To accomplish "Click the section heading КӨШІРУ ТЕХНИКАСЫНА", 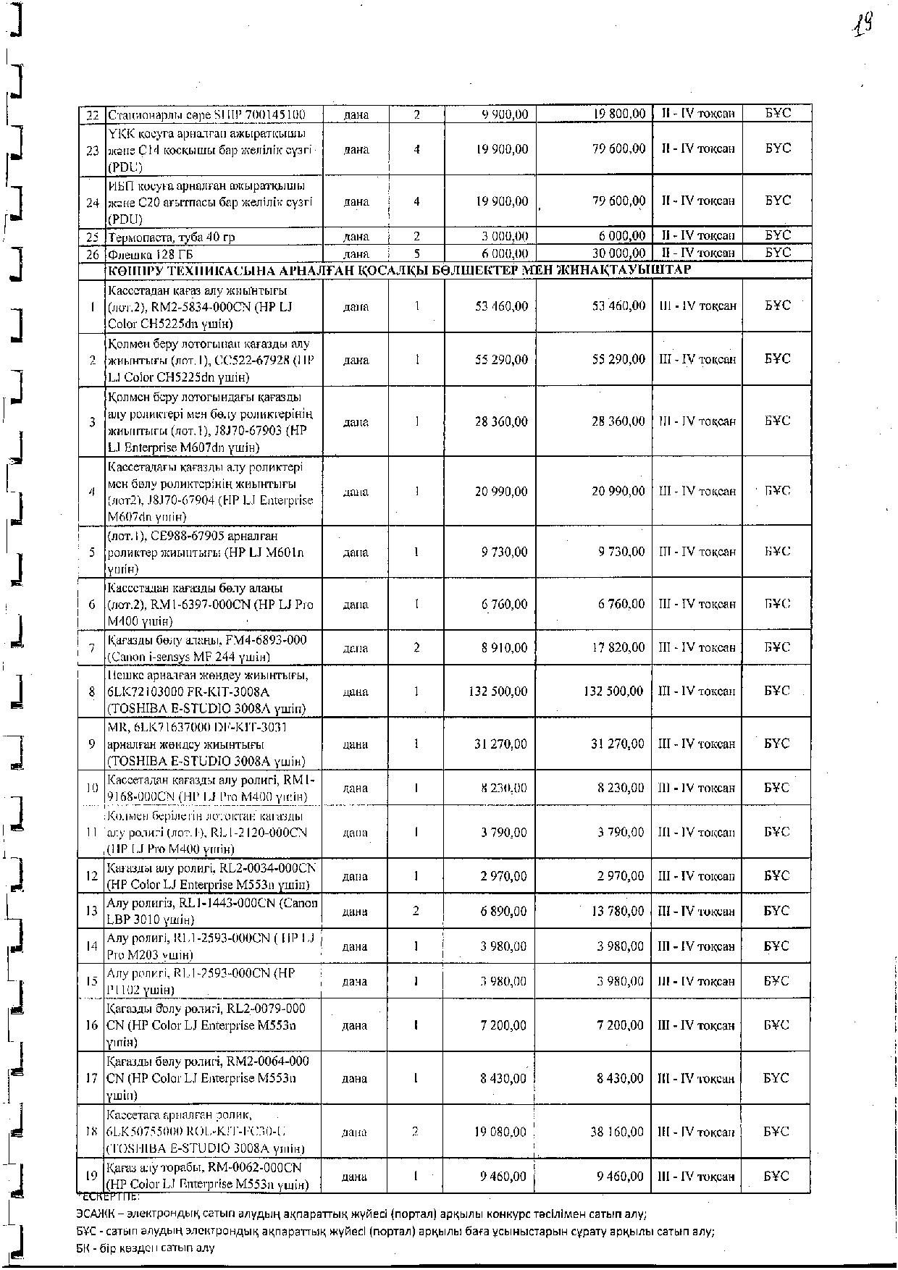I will pos(398,270).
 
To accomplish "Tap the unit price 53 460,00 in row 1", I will pos(502,306).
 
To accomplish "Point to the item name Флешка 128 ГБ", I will pos(150,254).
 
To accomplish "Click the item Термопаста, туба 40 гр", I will pos(170,237).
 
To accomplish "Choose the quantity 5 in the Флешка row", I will pos(417,253).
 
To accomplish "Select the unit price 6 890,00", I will pos(504,911).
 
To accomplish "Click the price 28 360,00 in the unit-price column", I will pos(502,421).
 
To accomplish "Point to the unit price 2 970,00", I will pos(504,876).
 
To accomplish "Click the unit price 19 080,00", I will pos(502,1132).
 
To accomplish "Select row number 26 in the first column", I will pos(92,254).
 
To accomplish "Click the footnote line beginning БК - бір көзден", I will pos(145,1248).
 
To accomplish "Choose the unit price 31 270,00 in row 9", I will pos(502,744).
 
